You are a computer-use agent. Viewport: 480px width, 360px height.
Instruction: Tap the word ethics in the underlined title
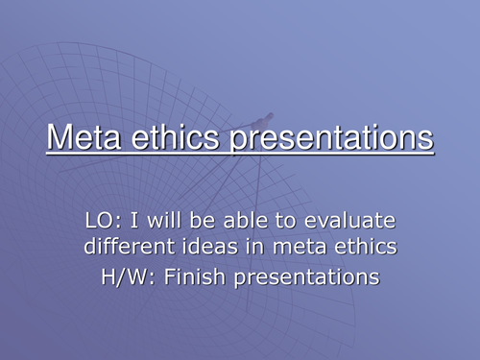[186, 138]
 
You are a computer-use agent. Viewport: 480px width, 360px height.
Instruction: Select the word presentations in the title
[335, 140]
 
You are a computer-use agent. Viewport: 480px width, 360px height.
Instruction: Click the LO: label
[102, 222]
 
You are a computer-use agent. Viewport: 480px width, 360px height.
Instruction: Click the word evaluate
[349, 222]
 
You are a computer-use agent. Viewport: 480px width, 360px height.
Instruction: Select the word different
[126, 250]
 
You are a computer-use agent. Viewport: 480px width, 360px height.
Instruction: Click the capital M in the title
[60, 138]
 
